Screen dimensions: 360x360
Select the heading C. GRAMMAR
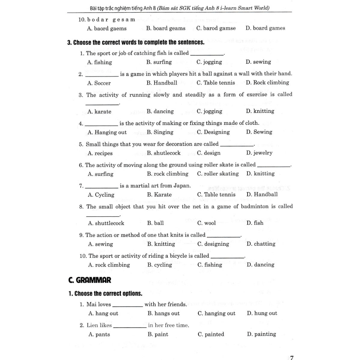pos(90,280)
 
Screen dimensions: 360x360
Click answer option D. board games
pos(265,28)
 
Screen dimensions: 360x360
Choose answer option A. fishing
pos(99,62)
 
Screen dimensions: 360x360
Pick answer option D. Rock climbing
pos(267,83)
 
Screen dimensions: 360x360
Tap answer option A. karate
pos(99,111)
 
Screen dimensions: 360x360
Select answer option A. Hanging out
pos(107,132)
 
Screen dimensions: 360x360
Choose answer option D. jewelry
pos(259,153)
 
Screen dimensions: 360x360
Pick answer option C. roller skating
pos(218,174)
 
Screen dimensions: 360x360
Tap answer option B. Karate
pos(160,194)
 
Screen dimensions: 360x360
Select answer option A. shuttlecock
pos(106,223)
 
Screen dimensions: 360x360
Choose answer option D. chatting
pos(261,244)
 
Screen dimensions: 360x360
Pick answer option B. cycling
pos(160,265)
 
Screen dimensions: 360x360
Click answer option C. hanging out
pos(216,313)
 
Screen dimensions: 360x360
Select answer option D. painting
pos(261,334)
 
